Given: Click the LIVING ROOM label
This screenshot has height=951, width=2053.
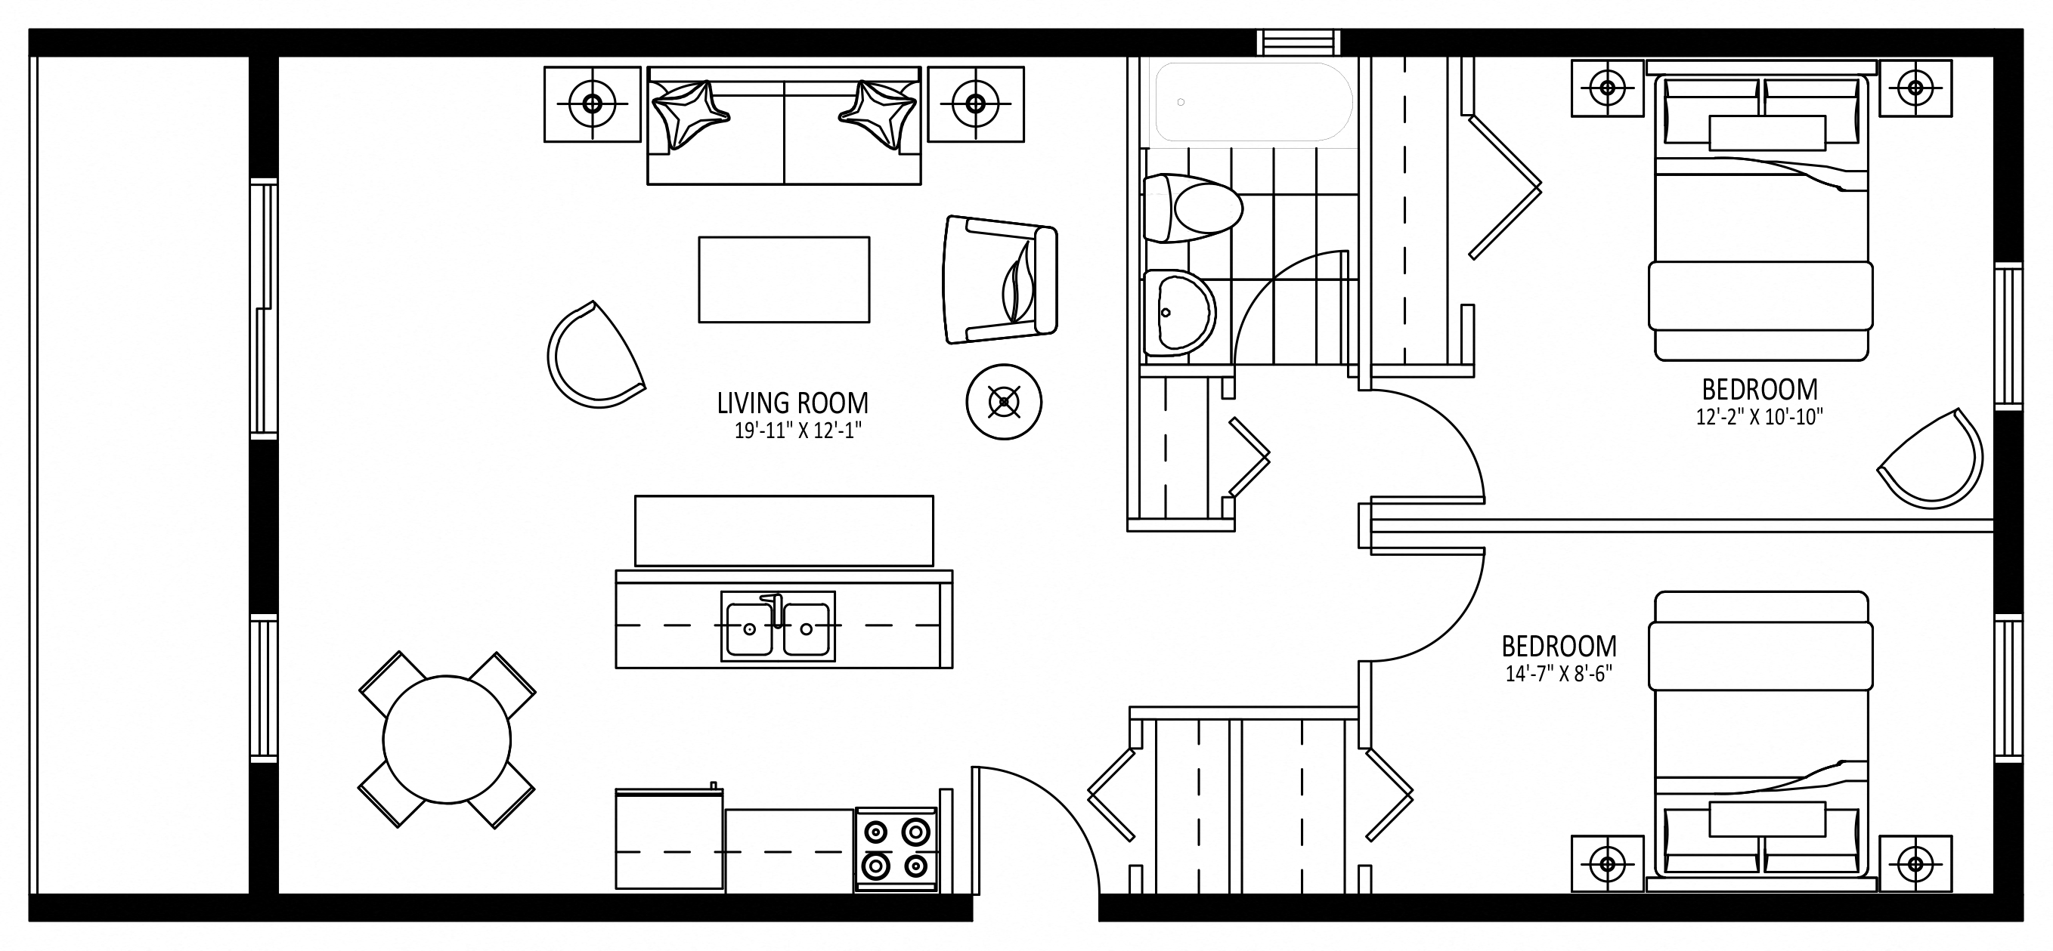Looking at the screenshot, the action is point(792,403).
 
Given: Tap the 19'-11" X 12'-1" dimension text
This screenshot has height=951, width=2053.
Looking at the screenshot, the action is point(797,431).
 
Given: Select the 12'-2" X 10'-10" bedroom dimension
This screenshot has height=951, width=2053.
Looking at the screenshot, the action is point(1759,416).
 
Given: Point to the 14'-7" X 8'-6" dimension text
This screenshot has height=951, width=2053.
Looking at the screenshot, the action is point(1558,674).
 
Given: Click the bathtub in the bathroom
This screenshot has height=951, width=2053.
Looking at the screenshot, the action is point(1253,102).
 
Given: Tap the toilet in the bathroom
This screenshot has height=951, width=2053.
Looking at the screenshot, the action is point(1192,208).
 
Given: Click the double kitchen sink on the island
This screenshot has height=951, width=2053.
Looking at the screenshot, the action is point(778,626).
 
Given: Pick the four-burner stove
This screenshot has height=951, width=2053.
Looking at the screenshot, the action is point(896,850).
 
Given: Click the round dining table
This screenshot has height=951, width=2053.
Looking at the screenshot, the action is point(446,739).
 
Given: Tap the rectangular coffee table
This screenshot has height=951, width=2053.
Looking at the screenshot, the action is point(784,279).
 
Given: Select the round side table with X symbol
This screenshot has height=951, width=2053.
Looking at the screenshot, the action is point(1003,401).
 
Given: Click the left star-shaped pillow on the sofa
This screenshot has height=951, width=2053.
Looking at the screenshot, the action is point(690,114).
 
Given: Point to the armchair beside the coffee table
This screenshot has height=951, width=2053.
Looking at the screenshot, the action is point(1000,279).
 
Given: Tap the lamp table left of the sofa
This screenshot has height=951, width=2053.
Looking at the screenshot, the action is point(592,103).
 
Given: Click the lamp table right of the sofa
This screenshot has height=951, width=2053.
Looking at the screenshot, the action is point(976,103).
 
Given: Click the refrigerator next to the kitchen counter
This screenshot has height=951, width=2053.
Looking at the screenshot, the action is point(670,839).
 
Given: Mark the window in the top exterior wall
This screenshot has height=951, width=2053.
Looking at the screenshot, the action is point(1299,42).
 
